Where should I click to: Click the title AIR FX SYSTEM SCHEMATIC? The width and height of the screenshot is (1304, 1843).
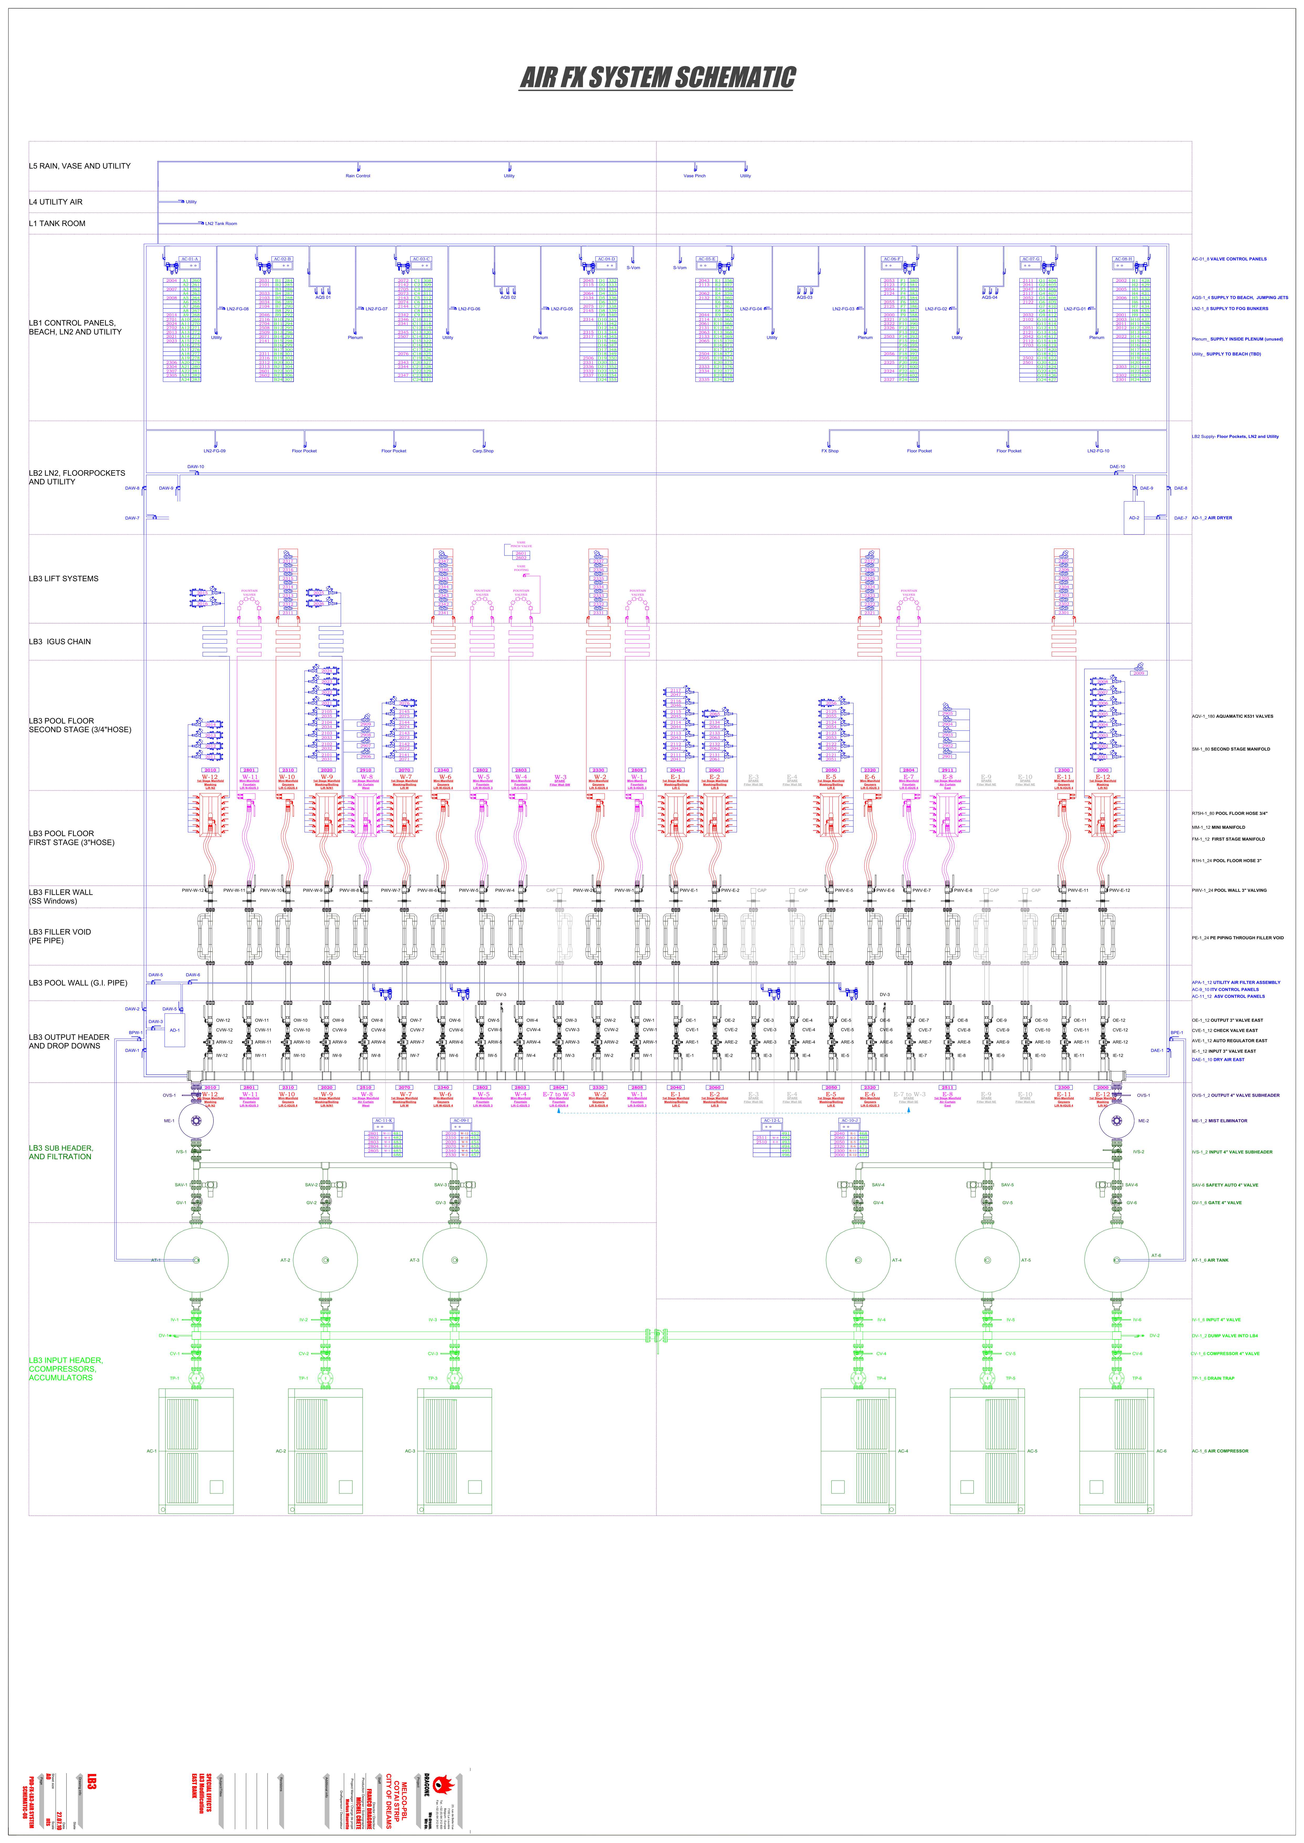pos(657,78)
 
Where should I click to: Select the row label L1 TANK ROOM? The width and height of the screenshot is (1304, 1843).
pos(57,224)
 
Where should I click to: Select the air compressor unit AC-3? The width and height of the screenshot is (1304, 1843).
pos(454,1451)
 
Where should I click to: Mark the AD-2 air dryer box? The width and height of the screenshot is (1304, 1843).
pos(1134,518)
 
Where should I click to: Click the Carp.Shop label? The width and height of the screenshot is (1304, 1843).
pos(483,451)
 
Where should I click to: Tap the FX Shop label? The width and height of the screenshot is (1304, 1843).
pos(829,451)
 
